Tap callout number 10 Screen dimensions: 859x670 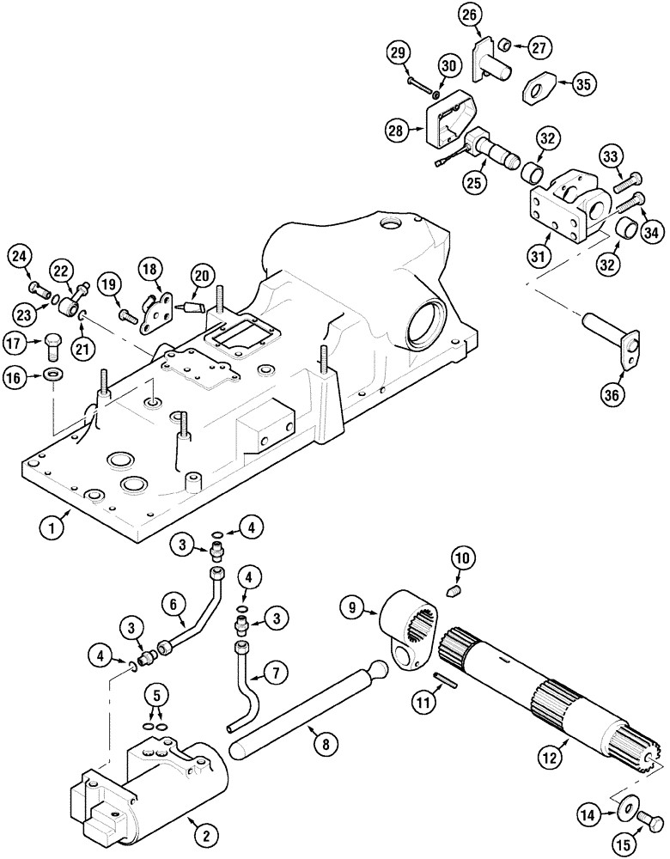pyautogui.click(x=460, y=559)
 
